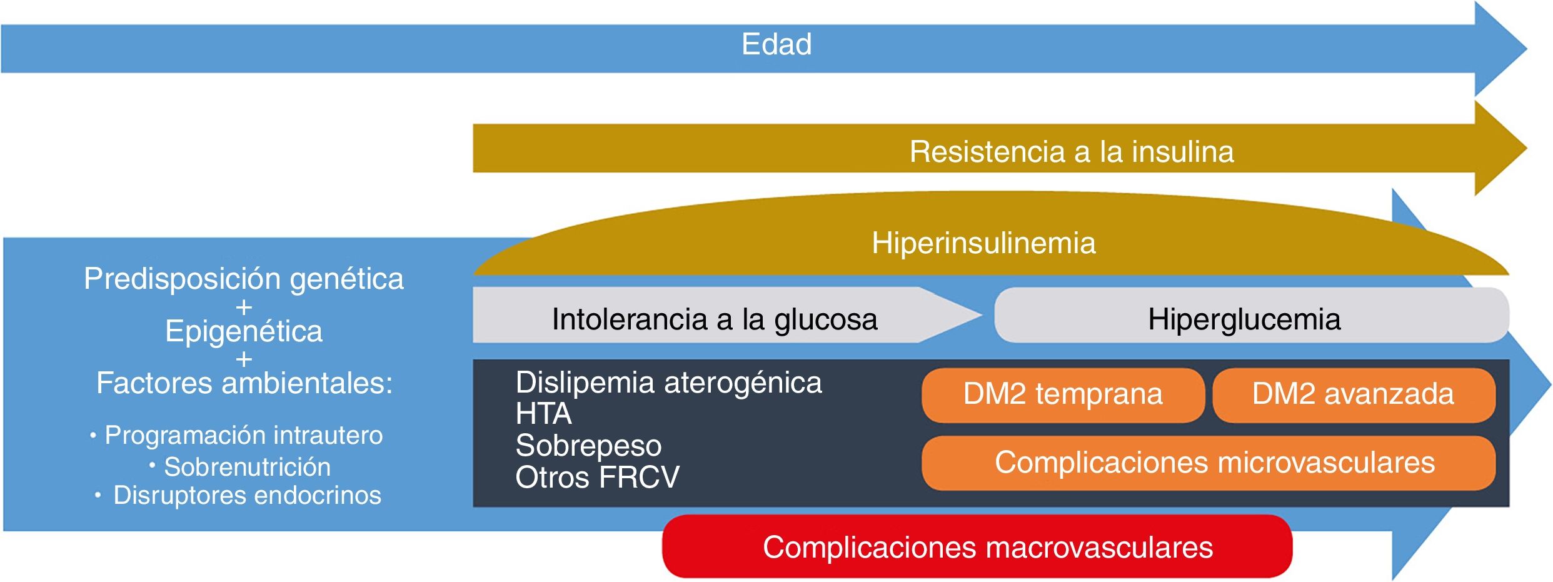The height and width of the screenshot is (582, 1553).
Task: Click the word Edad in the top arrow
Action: click(x=776, y=44)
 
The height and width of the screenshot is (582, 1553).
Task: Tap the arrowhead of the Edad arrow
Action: click(x=1500, y=49)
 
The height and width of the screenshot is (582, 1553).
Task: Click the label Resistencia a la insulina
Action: click(x=1072, y=152)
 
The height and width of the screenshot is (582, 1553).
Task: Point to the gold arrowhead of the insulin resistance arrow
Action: click(x=1500, y=149)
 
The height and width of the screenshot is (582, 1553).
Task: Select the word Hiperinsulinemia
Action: click(x=983, y=243)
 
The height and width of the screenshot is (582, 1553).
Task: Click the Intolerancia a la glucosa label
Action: click(x=715, y=319)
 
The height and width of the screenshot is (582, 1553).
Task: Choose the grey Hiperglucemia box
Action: click(x=1244, y=319)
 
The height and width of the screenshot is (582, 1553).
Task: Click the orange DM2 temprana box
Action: click(x=1063, y=394)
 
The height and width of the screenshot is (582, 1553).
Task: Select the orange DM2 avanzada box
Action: click(x=1353, y=394)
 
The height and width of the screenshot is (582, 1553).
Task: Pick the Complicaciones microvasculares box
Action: click(x=1214, y=463)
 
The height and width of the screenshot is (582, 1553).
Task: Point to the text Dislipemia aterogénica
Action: click(x=668, y=383)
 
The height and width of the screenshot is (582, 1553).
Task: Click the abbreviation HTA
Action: click(x=543, y=414)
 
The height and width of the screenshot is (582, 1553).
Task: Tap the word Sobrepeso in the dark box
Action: click(x=588, y=446)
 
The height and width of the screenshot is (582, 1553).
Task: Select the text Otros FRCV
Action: click(x=597, y=478)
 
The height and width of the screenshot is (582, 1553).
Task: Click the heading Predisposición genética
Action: click(x=244, y=279)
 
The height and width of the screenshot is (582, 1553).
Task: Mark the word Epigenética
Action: click(x=244, y=331)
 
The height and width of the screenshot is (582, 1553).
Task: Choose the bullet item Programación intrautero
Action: click(x=243, y=435)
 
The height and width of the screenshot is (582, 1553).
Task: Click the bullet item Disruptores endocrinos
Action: click(x=247, y=495)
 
